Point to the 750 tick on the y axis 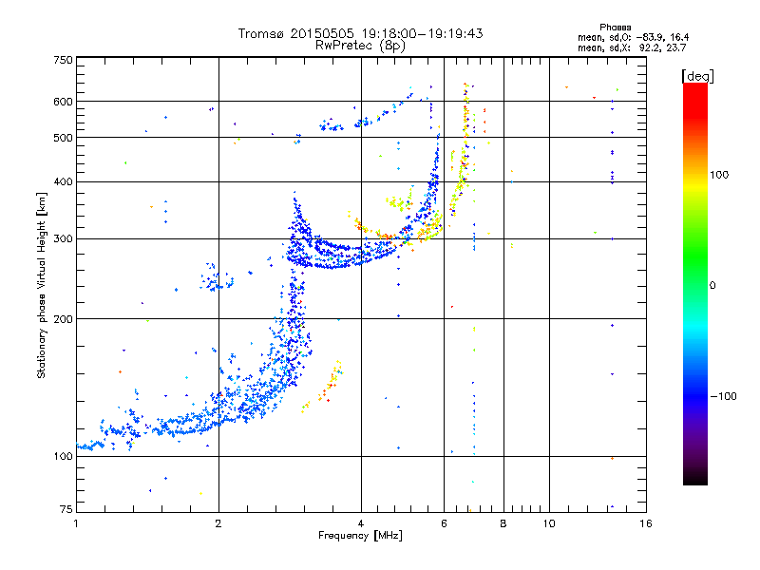coord(63,60)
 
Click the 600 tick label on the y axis coord(63,101)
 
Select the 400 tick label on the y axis coord(63,181)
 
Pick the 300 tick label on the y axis coord(63,238)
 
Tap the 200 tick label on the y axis coord(63,318)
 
